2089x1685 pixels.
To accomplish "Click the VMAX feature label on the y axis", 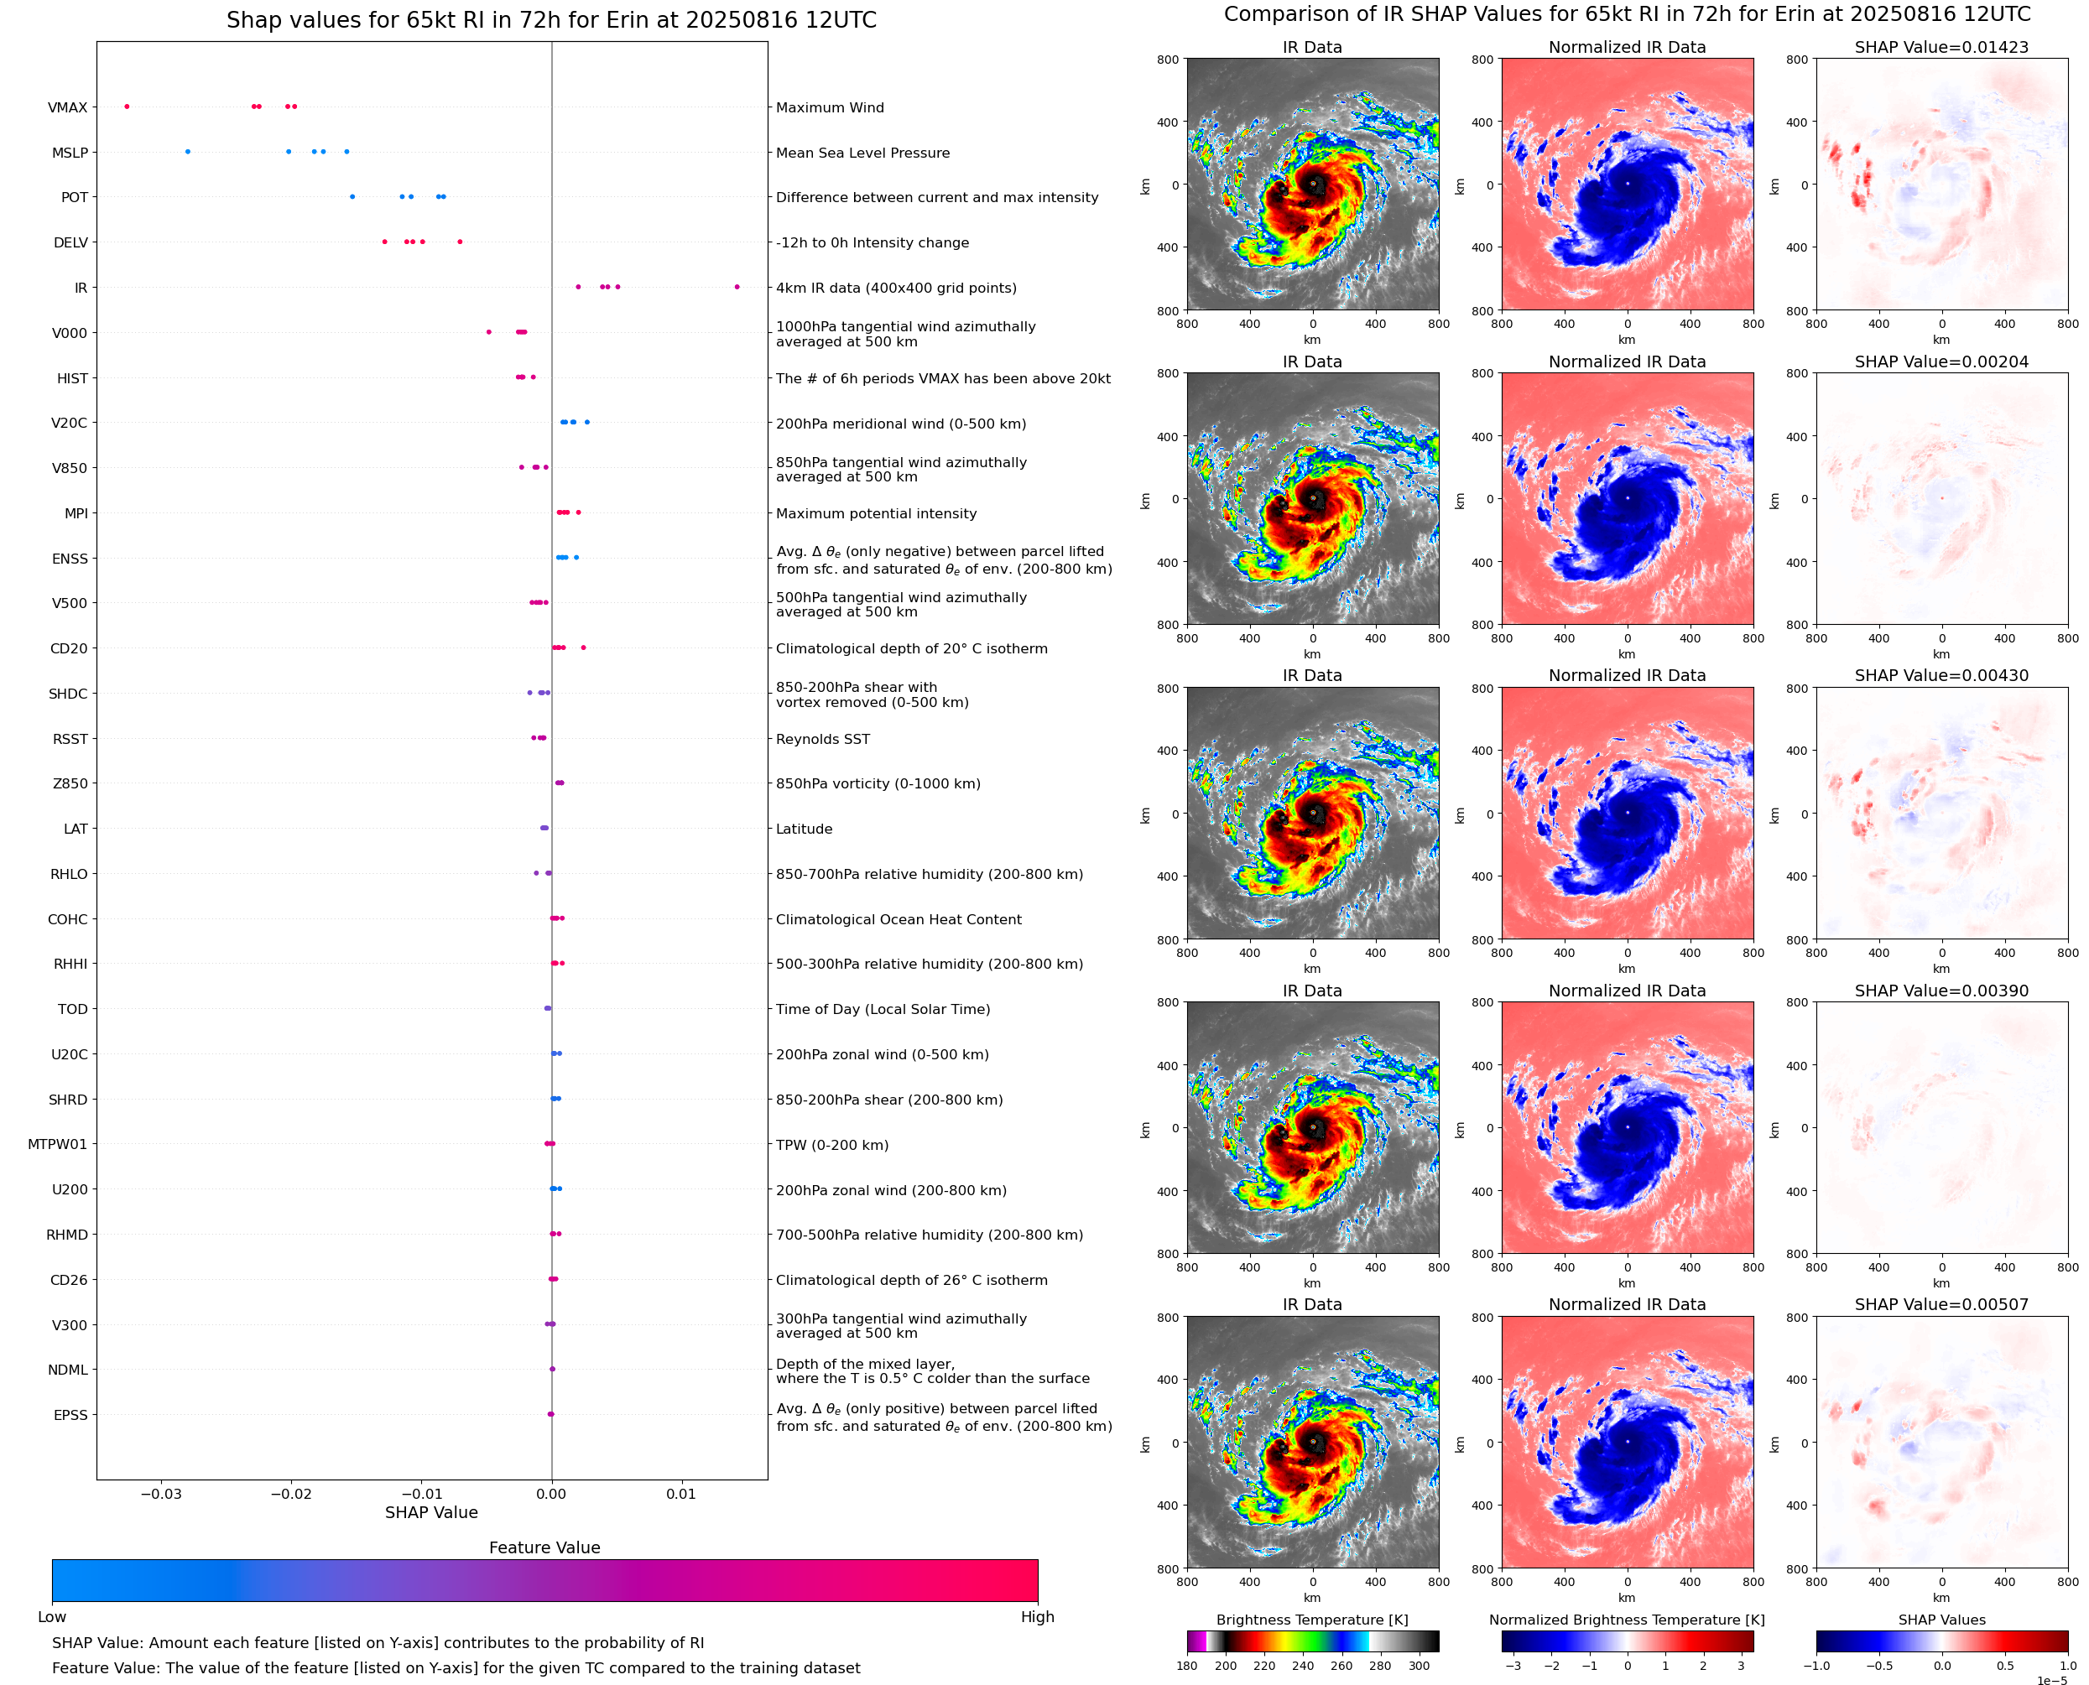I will (67, 107).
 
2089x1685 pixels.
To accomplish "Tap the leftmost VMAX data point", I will (128, 107).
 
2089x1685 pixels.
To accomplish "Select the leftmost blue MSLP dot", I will (187, 152).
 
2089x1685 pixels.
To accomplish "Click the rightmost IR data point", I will (737, 286).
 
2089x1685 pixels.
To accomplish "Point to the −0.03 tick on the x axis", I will (161, 1494).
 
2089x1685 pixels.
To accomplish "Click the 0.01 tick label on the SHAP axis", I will (680, 1494).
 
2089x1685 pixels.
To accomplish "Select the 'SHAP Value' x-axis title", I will (431, 1512).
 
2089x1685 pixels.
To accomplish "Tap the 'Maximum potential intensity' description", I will (876, 513).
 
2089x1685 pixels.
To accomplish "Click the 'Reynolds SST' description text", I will (822, 739).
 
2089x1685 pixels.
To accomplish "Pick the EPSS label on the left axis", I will (70, 1415).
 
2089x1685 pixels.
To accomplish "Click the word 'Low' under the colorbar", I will (51, 1617).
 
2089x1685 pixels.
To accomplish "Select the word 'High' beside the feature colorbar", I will (1037, 1617).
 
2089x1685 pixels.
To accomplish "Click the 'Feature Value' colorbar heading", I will (544, 1547).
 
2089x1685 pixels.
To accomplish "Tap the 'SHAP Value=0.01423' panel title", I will (1941, 47).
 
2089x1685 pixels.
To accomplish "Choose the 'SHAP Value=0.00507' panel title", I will (1941, 1304).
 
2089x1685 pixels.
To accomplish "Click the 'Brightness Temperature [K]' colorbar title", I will (1311, 1620).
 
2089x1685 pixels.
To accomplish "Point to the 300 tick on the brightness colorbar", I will (1420, 1666).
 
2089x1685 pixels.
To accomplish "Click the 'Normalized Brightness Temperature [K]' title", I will (1627, 1620).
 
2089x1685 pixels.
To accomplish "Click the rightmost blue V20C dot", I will (587, 422).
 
